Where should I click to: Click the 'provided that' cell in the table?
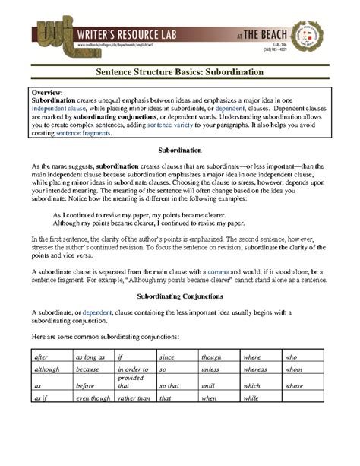click(131, 382)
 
